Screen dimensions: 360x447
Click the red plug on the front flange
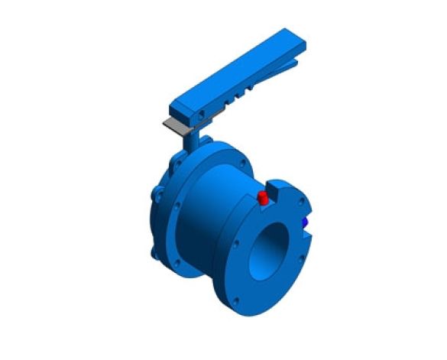point(263,199)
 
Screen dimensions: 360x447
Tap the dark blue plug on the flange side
point(305,222)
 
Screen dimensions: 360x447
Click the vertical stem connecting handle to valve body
point(189,141)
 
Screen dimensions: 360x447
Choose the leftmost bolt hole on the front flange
point(237,245)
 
